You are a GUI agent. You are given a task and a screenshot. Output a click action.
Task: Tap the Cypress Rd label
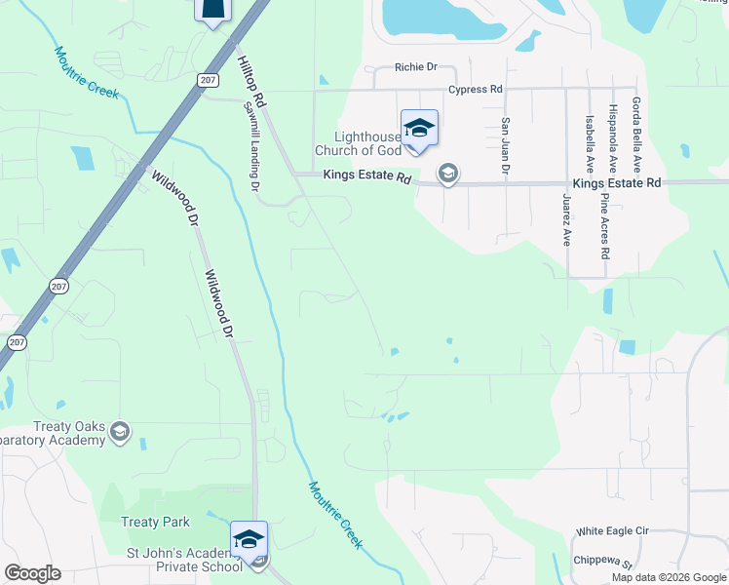(475, 89)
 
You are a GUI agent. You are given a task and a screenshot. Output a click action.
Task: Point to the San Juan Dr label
(505, 146)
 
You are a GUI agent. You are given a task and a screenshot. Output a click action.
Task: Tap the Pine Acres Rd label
(605, 226)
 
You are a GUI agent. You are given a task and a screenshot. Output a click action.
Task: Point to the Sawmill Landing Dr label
(251, 146)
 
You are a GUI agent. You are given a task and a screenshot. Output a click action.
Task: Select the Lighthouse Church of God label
(357, 143)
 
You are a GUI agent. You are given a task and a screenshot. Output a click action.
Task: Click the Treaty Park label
(156, 523)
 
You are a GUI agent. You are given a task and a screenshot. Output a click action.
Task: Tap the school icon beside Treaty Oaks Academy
(120, 432)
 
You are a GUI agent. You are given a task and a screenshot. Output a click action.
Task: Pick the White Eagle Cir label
(612, 531)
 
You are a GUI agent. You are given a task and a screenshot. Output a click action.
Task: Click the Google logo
(32, 573)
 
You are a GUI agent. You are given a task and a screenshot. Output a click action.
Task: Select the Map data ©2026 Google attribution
(669, 577)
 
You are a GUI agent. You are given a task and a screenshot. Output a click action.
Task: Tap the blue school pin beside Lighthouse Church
(419, 129)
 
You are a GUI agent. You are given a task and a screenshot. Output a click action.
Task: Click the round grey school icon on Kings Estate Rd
(447, 175)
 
